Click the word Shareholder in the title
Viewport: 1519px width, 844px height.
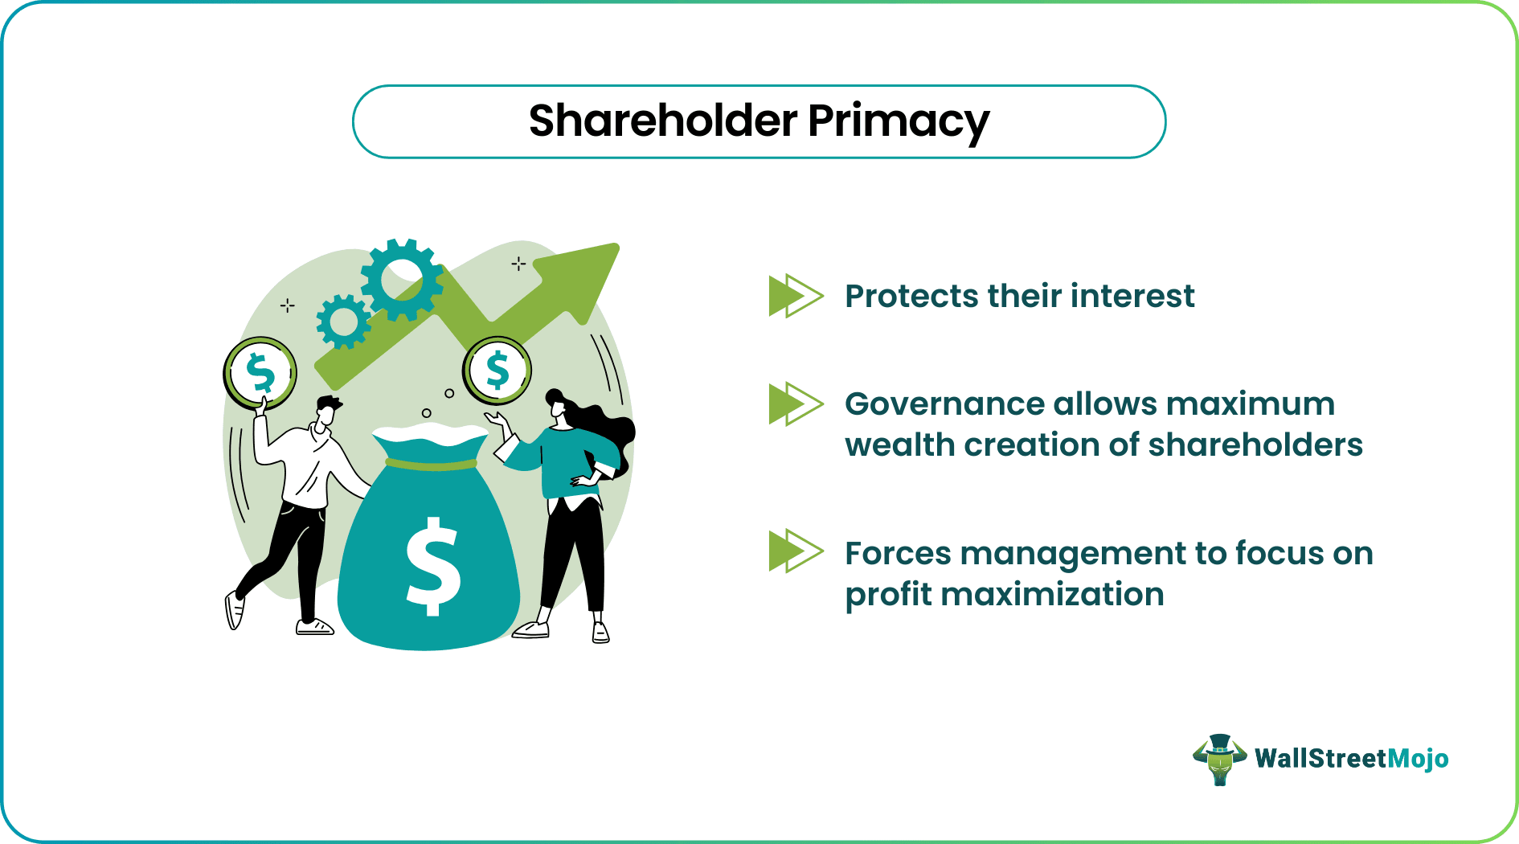click(x=663, y=121)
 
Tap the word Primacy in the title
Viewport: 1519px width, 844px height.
click(x=899, y=123)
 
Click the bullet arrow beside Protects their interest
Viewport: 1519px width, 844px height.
click(x=796, y=296)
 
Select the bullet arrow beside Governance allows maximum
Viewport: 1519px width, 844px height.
click(x=796, y=404)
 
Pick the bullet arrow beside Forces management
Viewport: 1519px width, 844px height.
click(x=796, y=551)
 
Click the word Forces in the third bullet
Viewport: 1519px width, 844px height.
click(x=898, y=553)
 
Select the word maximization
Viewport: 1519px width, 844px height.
click(x=1052, y=594)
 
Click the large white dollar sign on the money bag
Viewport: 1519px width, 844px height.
click(x=432, y=566)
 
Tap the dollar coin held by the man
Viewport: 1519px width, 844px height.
click(x=260, y=373)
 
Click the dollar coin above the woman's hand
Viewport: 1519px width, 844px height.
click(x=497, y=371)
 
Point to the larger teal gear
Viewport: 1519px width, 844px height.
click(x=402, y=280)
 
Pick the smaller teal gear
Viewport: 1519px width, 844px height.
click(x=344, y=322)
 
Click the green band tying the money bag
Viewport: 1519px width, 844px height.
click(x=432, y=464)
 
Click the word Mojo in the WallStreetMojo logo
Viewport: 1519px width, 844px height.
click(x=1418, y=759)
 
